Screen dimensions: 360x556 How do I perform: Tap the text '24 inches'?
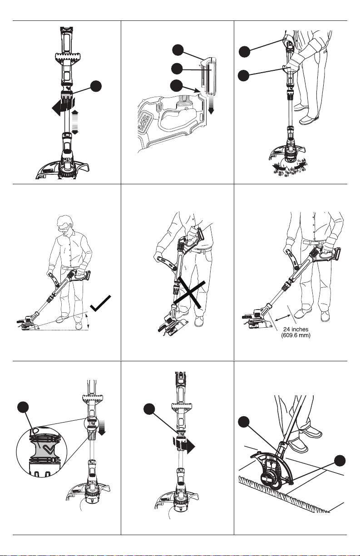point(296,330)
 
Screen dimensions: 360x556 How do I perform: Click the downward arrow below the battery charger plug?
point(211,105)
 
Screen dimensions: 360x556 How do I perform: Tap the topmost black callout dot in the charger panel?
point(178,50)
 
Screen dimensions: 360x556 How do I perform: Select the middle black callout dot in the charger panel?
point(177,69)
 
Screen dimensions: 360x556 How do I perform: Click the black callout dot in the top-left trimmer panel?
point(96,86)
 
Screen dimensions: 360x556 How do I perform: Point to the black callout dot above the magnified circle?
point(23,408)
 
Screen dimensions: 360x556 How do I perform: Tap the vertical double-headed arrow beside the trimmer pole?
point(75,123)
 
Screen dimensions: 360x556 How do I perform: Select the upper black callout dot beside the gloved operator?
point(245,52)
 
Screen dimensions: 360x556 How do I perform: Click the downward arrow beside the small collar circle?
point(102,428)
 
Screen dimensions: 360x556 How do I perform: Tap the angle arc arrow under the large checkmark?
point(87,321)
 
